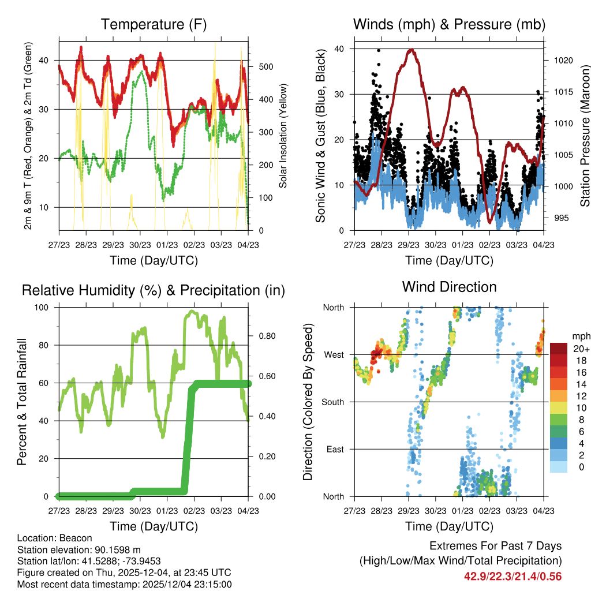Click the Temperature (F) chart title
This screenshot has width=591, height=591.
coord(154,24)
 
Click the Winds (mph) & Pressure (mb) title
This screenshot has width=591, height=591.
coord(449,24)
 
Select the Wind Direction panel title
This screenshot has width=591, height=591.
coord(449,287)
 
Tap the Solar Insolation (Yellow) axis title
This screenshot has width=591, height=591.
coord(283,136)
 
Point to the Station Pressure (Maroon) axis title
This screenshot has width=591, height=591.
coord(585,136)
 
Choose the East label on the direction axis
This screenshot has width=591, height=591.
coord(335,449)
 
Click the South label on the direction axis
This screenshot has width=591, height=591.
coord(332,402)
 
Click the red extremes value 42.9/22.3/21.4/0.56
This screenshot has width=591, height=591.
coord(513,576)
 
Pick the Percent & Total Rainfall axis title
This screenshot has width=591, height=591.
coord(22,402)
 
